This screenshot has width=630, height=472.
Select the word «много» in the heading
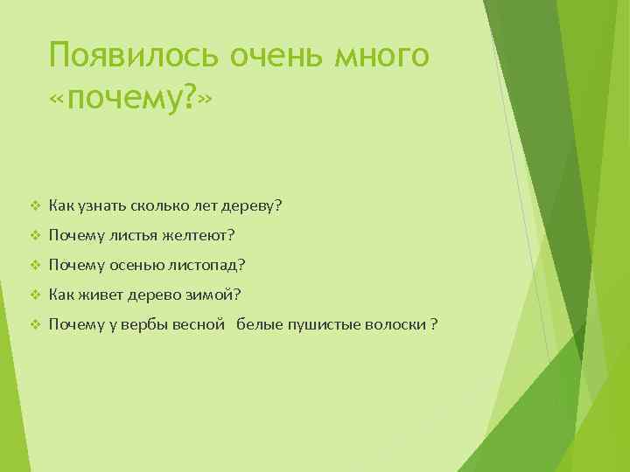click(x=386, y=57)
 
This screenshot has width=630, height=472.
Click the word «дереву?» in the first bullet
click(x=255, y=206)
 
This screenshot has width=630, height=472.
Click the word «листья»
click(x=131, y=236)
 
